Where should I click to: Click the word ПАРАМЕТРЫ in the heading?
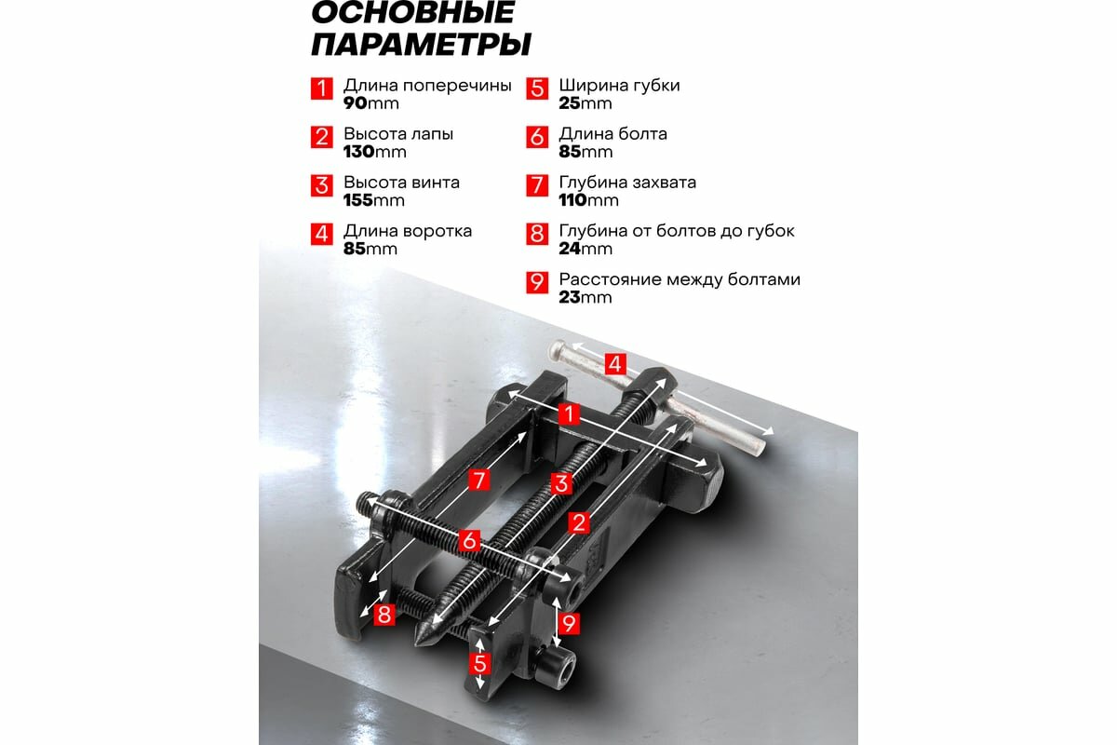(421, 44)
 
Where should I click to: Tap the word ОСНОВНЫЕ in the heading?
(411, 12)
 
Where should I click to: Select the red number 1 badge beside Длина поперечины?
(321, 88)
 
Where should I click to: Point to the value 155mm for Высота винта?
(374, 200)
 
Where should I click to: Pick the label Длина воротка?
(408, 231)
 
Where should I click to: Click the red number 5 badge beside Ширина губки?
(537, 88)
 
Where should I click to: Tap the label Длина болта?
(612, 134)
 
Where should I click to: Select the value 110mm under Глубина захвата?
(588, 200)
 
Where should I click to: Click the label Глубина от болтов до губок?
(677, 231)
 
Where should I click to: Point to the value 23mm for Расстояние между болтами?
(585, 297)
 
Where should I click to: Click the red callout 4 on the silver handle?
(614, 364)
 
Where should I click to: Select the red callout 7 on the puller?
(478, 481)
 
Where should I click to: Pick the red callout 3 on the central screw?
(560, 483)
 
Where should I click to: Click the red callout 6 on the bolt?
(470, 540)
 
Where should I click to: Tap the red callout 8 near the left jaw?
(384, 615)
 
